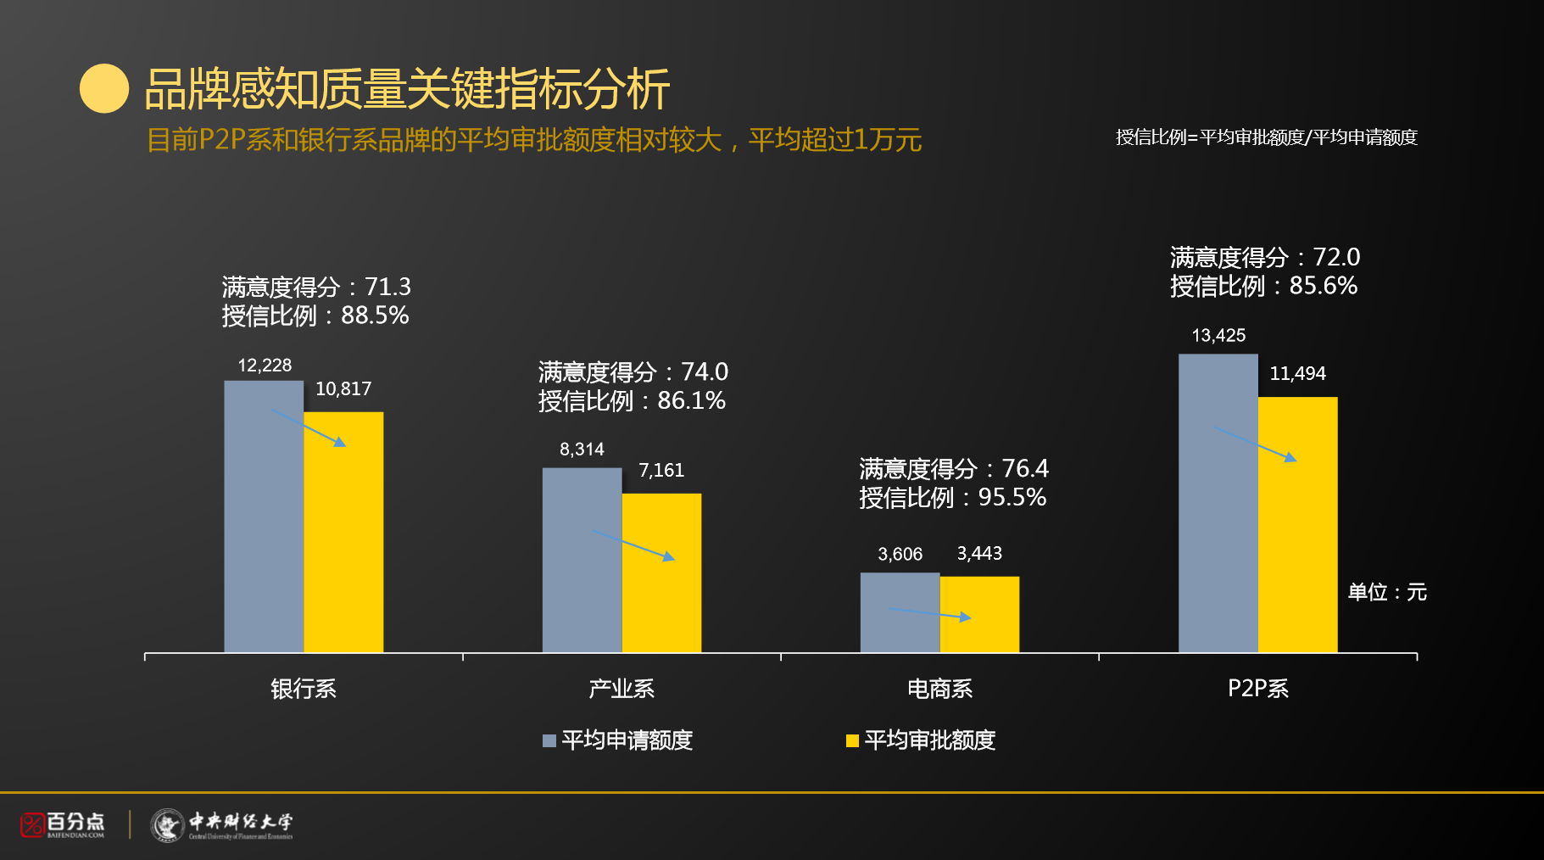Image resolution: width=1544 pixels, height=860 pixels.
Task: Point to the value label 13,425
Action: (1218, 336)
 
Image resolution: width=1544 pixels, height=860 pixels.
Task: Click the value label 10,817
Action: (343, 389)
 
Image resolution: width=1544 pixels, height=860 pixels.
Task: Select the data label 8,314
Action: (582, 450)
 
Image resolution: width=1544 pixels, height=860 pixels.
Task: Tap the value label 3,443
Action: (979, 554)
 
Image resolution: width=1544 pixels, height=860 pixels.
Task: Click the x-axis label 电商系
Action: (939, 689)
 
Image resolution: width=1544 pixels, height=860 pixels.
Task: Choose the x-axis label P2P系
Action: (1258, 689)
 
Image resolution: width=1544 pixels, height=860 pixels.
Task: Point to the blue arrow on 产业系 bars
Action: (633, 545)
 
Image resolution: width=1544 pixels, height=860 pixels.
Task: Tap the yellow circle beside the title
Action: (104, 89)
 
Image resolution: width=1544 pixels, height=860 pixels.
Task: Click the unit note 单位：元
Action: (1387, 592)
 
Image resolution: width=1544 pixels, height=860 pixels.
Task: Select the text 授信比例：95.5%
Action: (952, 498)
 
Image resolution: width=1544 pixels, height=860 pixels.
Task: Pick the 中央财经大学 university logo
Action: (222, 824)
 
